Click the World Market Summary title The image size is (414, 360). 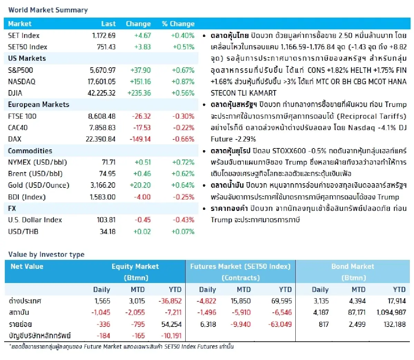(x=48, y=10)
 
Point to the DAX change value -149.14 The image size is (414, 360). (x=140, y=139)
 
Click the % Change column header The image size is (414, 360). (x=178, y=24)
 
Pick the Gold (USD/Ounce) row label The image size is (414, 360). (x=39, y=185)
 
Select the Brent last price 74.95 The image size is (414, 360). (x=107, y=174)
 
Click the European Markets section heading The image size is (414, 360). (x=39, y=105)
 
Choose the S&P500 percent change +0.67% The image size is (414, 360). (x=183, y=70)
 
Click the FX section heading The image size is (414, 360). (x=12, y=208)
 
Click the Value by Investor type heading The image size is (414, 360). (x=46, y=255)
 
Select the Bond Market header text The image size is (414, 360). (x=353, y=266)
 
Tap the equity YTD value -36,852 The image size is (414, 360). (x=170, y=301)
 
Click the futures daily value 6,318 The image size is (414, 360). (x=208, y=324)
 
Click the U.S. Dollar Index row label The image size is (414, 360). (x=35, y=220)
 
